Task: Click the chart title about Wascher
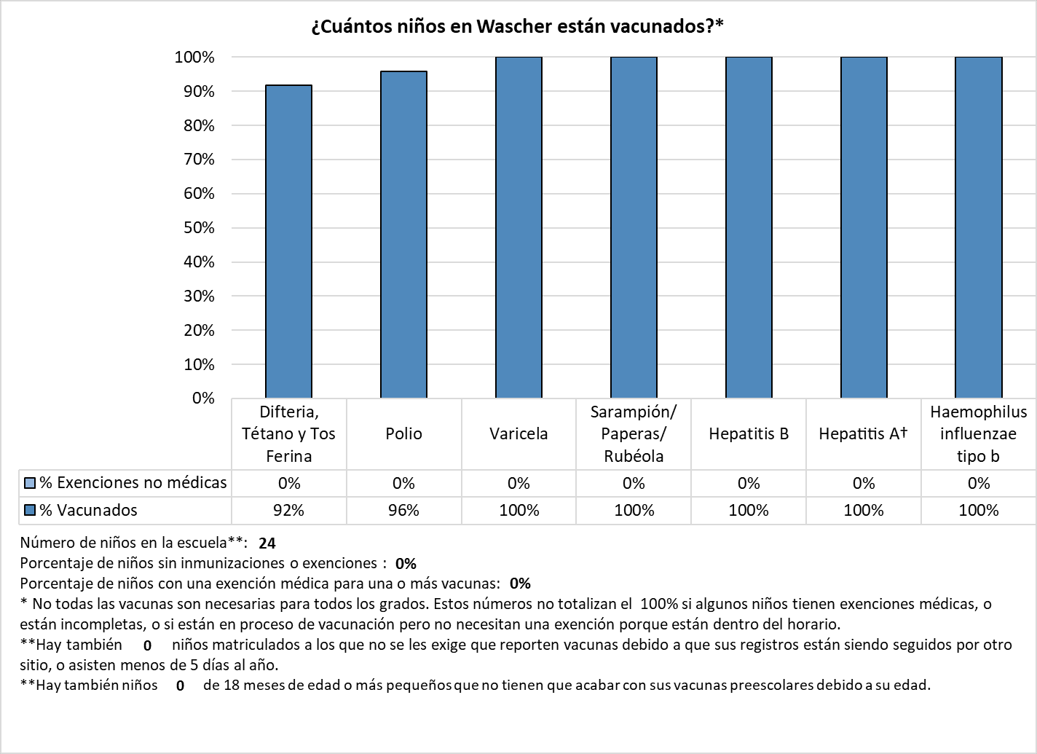[517, 26]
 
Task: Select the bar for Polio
[403, 235]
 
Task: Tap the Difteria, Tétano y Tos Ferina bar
[288, 241]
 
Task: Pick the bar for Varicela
[518, 227]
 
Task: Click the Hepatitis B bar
[749, 227]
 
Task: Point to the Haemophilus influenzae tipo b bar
[979, 227]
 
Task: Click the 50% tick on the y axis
[199, 228]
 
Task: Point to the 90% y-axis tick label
[199, 91]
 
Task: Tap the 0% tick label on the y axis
[203, 398]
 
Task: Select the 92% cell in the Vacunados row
[288, 511]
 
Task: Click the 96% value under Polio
[403, 511]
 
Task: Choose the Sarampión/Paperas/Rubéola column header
[634, 434]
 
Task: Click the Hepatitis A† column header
[864, 434]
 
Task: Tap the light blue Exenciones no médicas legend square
[30, 483]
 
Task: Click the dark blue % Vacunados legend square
[30, 511]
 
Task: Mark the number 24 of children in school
[267, 543]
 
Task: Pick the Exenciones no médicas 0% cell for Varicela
[518, 484]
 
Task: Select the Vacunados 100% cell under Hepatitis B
[749, 511]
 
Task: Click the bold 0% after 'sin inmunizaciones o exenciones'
[406, 564]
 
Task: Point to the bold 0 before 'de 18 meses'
[180, 686]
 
